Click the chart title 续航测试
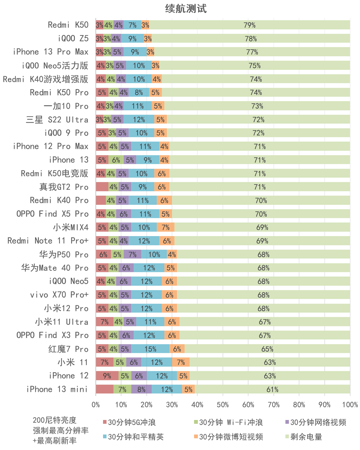coord(186,9)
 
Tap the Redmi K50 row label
coord(68,25)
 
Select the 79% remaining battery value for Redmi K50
coord(249,25)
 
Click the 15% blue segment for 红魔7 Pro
coord(150,349)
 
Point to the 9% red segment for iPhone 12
coord(107,376)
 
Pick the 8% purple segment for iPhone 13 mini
coord(141,390)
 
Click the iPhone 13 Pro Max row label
coord(51,52)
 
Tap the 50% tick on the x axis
coord(223,405)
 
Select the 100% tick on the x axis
coord(350,405)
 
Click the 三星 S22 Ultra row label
coord(57,120)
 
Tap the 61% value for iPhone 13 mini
coord(272,390)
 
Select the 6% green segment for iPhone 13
coord(116,160)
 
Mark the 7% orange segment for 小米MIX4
coord(166,228)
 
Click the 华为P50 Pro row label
coord(64,254)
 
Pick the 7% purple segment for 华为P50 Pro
coord(132,255)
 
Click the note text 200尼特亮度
coord(55,420)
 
